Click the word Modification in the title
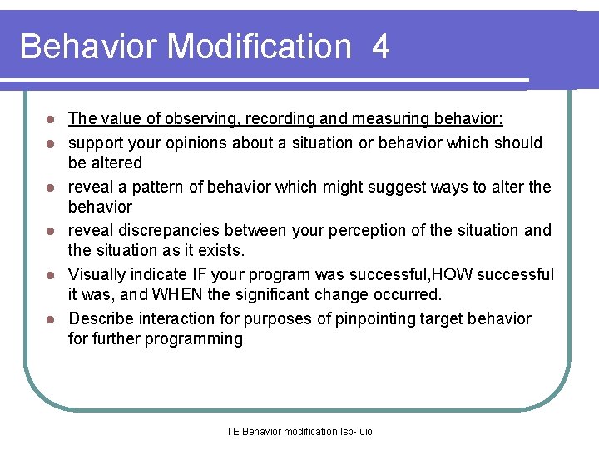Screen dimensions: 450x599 (x=260, y=47)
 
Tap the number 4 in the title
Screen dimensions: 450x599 (x=380, y=47)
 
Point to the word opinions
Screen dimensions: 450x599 (x=194, y=142)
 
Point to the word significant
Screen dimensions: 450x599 (x=276, y=294)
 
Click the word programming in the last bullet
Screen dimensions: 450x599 (x=196, y=338)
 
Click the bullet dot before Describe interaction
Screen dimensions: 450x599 (x=50, y=319)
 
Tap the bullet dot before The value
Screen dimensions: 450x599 (x=50, y=119)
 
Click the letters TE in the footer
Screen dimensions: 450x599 (x=232, y=432)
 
